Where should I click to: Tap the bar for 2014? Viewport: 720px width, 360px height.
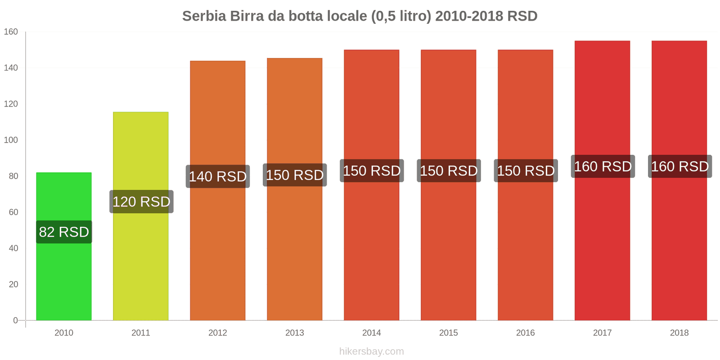372,247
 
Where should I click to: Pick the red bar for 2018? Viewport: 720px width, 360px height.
679,247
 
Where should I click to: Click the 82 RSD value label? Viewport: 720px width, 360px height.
64,232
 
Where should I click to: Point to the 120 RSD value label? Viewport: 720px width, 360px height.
141,202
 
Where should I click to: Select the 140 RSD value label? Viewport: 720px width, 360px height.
218,176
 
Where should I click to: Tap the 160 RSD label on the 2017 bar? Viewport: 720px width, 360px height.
603,166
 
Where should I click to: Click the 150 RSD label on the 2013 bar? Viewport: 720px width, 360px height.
295,175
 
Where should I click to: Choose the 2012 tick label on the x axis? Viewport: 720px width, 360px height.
218,333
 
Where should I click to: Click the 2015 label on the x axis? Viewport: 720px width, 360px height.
449,333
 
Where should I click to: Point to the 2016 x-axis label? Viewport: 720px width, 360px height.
526,333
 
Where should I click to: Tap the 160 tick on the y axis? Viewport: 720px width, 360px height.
11,31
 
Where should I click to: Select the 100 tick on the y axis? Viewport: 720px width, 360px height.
11,140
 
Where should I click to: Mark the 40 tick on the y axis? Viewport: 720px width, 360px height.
13,248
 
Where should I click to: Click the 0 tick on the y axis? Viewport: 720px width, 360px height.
15,320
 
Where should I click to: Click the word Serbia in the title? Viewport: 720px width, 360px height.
204,16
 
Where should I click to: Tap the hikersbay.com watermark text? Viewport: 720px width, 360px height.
372,351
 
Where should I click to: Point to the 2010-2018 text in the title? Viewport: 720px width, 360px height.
469,16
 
